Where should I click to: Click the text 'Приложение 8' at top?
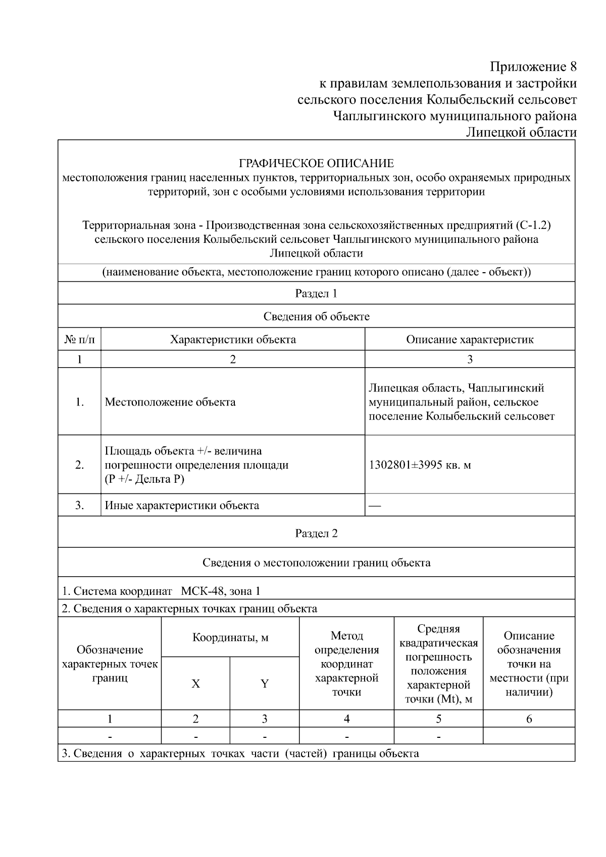click(x=533, y=67)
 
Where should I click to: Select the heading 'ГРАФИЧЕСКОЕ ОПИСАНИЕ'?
click(x=316, y=163)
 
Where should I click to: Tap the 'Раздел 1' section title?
click(x=316, y=293)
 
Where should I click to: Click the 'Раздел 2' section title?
click(x=316, y=533)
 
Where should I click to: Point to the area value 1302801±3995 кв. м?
click(x=420, y=465)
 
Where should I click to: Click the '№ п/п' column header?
click(x=79, y=339)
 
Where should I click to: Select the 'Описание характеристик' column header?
click(x=470, y=339)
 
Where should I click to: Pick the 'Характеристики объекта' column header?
click(x=233, y=339)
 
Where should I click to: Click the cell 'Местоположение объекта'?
click(x=170, y=402)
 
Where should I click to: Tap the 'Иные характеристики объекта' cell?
click(x=182, y=506)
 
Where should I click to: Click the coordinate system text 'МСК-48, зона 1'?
click(x=221, y=591)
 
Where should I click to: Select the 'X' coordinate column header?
click(x=195, y=684)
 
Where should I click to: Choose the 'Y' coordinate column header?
click(x=264, y=684)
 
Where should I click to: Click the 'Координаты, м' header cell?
click(x=230, y=637)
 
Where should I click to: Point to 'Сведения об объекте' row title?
click(x=316, y=317)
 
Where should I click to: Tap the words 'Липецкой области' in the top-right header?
click(x=521, y=132)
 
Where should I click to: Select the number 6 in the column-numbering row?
click(x=529, y=719)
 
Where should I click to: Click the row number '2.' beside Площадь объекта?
click(x=79, y=465)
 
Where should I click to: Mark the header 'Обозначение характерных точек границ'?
click(x=110, y=664)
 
